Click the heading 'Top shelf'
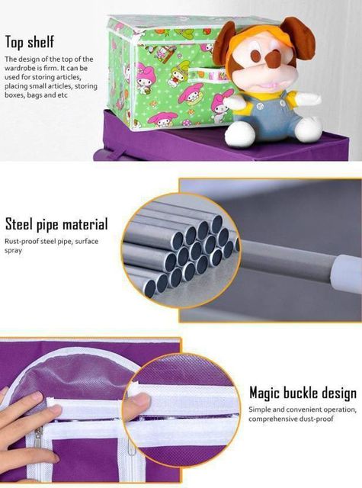30,42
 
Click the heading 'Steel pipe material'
56,224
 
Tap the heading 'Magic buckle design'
303,393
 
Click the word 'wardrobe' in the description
18,68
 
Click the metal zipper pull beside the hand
39,437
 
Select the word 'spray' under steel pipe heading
14,251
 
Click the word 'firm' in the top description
52,68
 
